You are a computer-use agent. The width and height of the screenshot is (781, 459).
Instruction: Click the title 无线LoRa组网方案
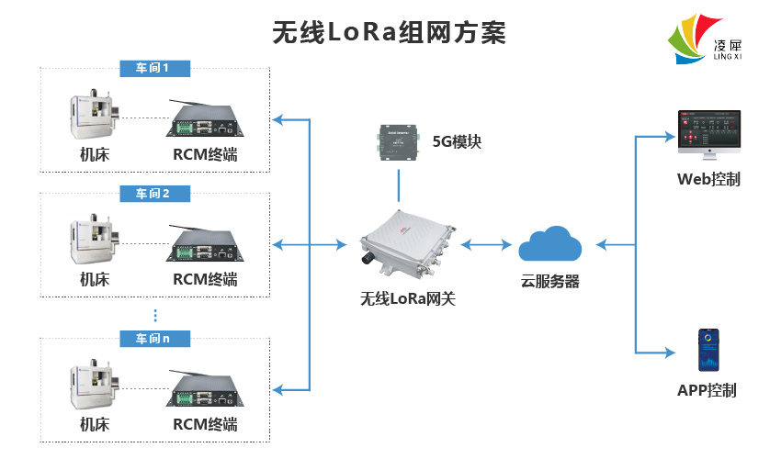click(x=390, y=32)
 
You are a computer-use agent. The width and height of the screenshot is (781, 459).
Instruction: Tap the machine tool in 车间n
click(x=96, y=388)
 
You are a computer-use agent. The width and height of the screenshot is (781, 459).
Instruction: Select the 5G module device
click(x=398, y=142)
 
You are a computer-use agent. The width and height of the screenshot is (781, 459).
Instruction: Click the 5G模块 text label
click(x=457, y=142)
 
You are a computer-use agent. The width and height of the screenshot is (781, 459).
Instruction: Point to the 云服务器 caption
click(x=550, y=282)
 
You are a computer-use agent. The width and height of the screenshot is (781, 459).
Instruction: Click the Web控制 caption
click(x=708, y=179)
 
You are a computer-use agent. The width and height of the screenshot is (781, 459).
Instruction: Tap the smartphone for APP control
click(x=707, y=350)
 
